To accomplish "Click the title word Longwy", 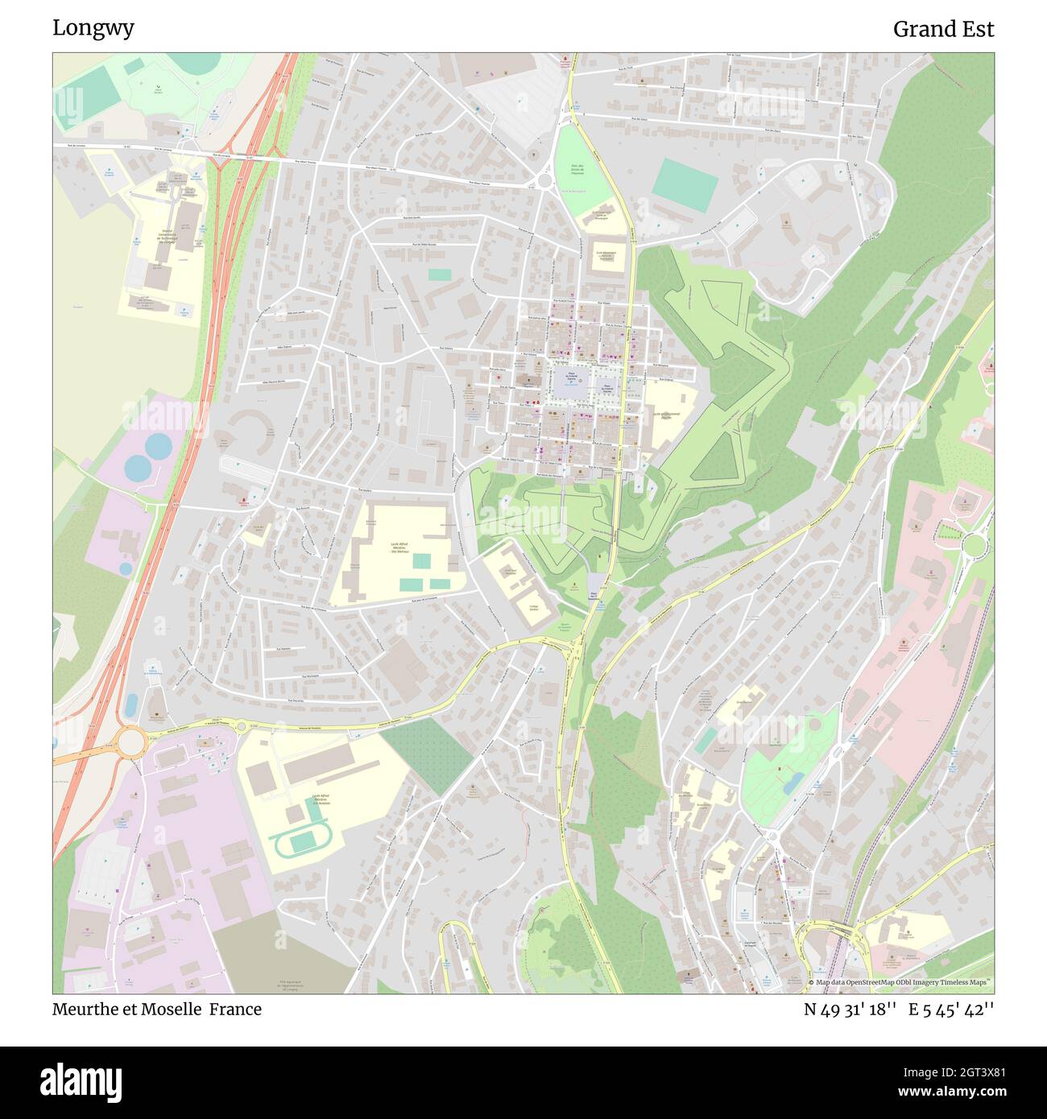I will pos(93,28).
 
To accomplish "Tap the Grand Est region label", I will pos(943,30).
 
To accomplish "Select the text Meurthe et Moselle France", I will pos(157,1009).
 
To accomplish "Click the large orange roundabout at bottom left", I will pos(130,740).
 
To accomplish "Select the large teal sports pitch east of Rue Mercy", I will pos(685,180).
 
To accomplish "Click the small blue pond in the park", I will pos(790,782).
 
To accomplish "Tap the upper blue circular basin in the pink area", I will pos(158,444).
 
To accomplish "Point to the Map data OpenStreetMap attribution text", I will pos(902,982).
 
